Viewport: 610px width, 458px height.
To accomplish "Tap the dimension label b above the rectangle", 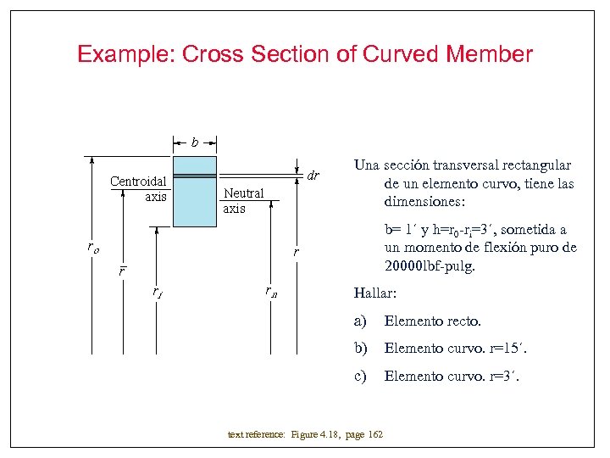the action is click(x=195, y=142).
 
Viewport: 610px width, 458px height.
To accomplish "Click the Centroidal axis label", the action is click(x=138, y=188).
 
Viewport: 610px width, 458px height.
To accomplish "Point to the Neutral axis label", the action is click(x=243, y=201).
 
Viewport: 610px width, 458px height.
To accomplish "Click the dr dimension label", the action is click(x=313, y=176).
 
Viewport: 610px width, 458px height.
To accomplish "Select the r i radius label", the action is click(x=157, y=293).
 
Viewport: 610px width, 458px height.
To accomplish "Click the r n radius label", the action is click(x=270, y=293).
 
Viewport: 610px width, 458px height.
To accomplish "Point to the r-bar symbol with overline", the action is click(x=122, y=271).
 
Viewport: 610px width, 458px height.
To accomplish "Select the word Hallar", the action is click(x=374, y=293).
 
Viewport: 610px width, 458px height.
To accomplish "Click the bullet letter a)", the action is click(x=361, y=321).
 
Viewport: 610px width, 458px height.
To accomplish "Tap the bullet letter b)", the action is click(x=361, y=348).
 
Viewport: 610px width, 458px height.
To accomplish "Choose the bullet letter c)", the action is click(x=361, y=375).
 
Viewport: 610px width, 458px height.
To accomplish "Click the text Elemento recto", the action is click(x=432, y=321).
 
